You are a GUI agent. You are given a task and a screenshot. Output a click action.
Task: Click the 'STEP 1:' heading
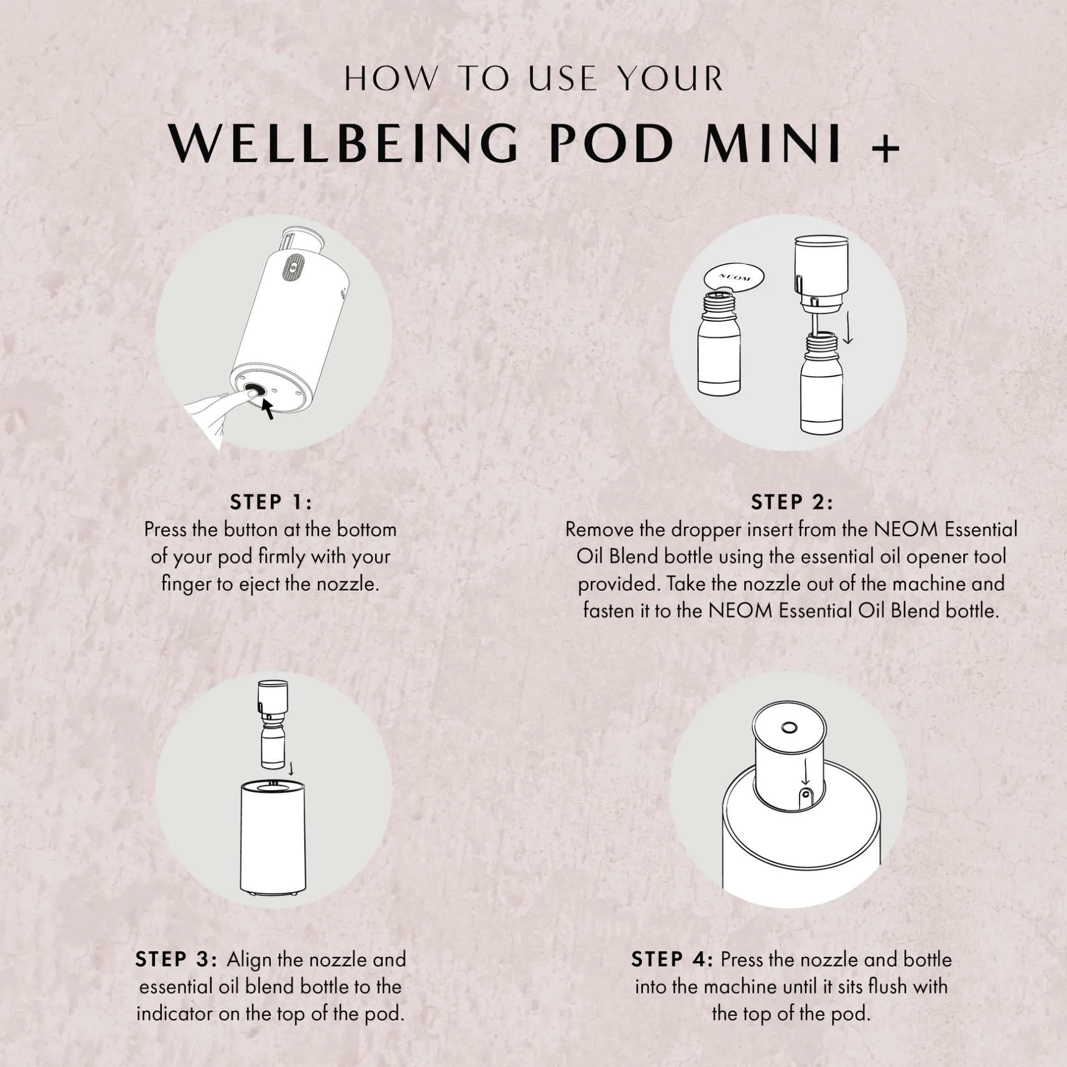pyautogui.click(x=271, y=502)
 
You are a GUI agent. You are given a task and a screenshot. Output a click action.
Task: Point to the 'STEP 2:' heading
pyautogui.click(x=792, y=502)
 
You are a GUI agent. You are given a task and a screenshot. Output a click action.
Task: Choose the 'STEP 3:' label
pyautogui.click(x=176, y=959)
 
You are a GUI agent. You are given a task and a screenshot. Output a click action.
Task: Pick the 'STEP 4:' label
pyautogui.click(x=672, y=959)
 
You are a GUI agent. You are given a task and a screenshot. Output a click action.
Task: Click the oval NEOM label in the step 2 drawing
pyautogui.click(x=733, y=278)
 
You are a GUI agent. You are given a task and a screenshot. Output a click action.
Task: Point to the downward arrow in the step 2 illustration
pyautogui.click(x=848, y=329)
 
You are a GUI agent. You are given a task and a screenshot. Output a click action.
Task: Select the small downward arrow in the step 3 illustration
pyautogui.click(x=291, y=768)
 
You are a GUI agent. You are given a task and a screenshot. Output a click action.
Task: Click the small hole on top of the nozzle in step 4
pyautogui.click(x=788, y=727)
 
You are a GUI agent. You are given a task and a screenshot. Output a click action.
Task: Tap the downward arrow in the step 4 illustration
pyautogui.click(x=804, y=774)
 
